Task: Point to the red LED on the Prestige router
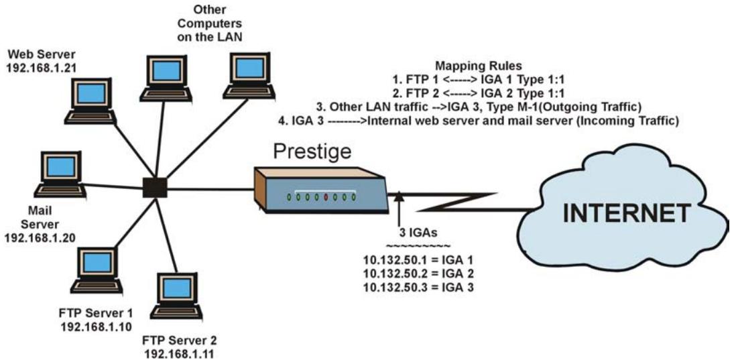click(326, 198)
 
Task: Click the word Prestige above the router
click(312, 152)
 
